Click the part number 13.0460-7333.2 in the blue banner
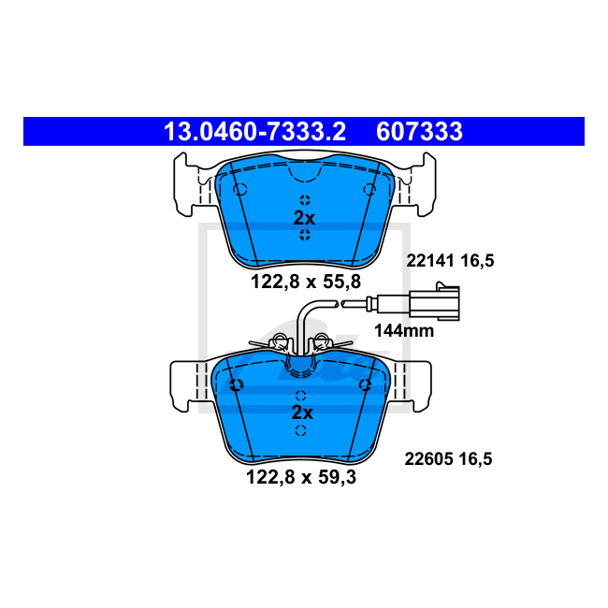pos(254,132)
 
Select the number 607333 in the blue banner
pos(419,132)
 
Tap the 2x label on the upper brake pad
pos(304,217)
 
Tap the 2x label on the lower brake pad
pos(301,413)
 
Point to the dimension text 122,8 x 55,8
pos(304,279)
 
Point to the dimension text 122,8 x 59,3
pos(300,476)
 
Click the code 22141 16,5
pos(448,262)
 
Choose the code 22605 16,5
pos(447,458)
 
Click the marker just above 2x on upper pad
pos(304,199)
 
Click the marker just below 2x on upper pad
pos(304,236)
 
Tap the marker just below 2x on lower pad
pos(301,430)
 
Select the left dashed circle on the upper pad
pos(239,190)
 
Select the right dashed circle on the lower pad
pos(367,385)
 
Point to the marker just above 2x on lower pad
pos(301,395)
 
